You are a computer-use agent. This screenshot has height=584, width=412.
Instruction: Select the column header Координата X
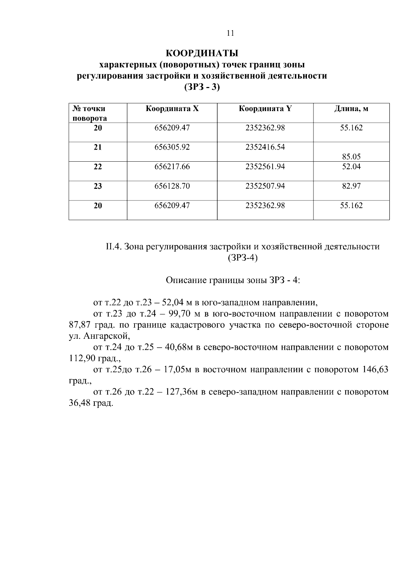(172, 109)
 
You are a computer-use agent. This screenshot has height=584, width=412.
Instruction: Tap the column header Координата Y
(265, 109)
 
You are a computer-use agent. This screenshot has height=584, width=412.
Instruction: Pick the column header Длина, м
(351, 109)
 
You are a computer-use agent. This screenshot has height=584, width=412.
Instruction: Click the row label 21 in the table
(98, 147)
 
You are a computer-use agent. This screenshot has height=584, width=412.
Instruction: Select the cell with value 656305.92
(172, 147)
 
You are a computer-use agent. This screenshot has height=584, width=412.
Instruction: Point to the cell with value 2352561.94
(265, 167)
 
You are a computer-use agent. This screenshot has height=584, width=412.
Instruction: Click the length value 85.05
(351, 157)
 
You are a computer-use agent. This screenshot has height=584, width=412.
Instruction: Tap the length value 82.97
(351, 186)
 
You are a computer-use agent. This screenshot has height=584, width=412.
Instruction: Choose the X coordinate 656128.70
(172, 186)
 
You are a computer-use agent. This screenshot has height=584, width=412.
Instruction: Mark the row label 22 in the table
(98, 167)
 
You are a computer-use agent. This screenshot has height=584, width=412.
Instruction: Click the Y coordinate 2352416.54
(265, 147)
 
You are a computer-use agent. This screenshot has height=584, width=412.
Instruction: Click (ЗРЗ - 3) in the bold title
(202, 87)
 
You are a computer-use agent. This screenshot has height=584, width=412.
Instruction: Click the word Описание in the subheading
(186, 280)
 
